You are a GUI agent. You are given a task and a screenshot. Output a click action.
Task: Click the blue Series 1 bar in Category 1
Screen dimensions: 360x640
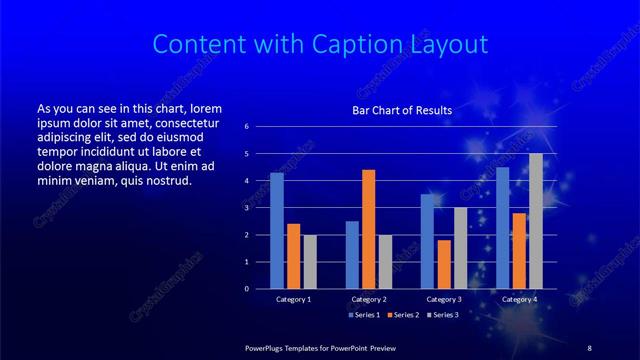coord(277,231)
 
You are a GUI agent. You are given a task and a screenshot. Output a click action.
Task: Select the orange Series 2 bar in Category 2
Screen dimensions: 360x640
coord(368,229)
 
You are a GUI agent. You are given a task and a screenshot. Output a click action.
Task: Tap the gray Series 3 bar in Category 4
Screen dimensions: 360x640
coord(536,221)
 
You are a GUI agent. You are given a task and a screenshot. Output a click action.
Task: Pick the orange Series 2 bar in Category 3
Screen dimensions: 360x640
coord(444,264)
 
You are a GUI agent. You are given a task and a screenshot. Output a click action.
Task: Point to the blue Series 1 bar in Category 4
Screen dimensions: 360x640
coord(503,228)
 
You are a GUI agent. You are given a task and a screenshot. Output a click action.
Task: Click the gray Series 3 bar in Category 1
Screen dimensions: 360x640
coord(310,262)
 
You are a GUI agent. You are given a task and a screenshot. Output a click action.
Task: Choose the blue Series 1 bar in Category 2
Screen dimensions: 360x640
coord(352,255)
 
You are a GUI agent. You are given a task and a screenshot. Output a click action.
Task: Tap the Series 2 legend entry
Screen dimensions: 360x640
coord(400,315)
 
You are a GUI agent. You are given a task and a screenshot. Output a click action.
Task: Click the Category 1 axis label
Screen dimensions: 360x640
coord(293,299)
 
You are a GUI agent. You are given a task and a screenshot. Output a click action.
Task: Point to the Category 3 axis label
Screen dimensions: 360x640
coord(444,299)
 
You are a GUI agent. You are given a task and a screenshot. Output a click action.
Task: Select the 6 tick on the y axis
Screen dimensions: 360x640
coord(260,127)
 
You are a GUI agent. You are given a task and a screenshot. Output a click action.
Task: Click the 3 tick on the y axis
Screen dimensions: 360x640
coord(260,208)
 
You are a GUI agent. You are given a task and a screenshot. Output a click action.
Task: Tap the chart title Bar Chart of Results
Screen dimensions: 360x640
coord(402,110)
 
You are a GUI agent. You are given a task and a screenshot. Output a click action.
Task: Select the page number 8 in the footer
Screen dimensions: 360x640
coord(588,347)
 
